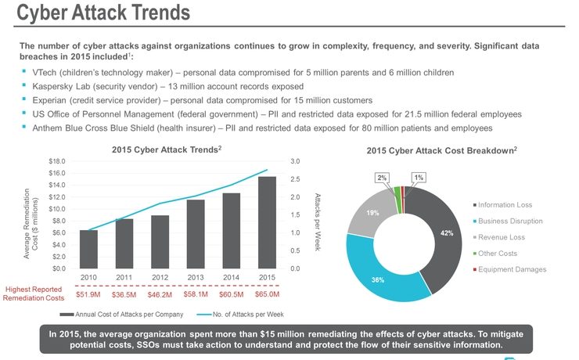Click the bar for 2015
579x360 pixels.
[x=267, y=223]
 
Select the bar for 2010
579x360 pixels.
[x=88, y=250]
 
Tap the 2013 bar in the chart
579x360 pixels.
[x=196, y=234]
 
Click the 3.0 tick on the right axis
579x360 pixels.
[x=294, y=161]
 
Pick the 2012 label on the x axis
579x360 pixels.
[x=160, y=277]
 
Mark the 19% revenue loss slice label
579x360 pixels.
[x=374, y=212]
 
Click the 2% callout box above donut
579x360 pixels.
[x=381, y=178]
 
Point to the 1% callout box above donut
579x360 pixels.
[x=419, y=178]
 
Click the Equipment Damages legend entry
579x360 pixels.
[x=510, y=269]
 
